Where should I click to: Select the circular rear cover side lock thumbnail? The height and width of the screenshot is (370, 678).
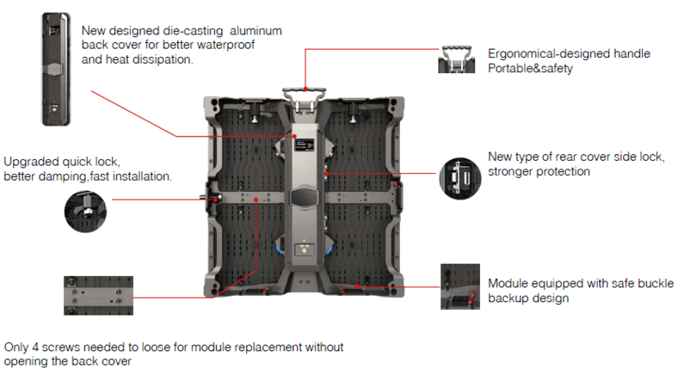[x=454, y=177]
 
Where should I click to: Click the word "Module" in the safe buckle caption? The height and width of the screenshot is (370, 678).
[x=508, y=283]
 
